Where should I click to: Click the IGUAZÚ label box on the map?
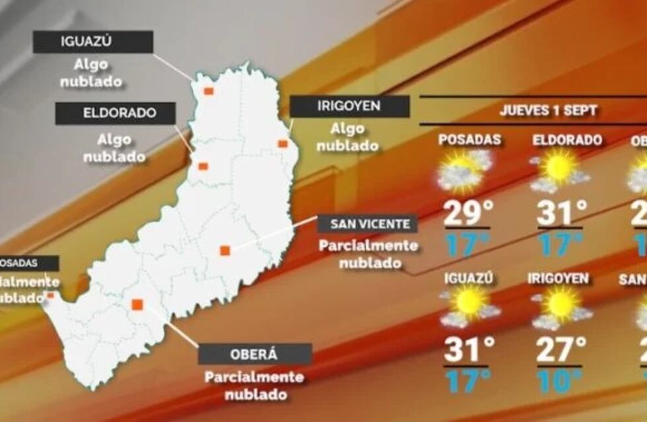(93, 42)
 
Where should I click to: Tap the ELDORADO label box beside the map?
(116, 113)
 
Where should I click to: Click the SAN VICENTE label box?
(367, 224)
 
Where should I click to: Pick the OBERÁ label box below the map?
(255, 354)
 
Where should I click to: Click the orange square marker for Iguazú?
(209, 91)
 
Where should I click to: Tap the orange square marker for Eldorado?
(203, 166)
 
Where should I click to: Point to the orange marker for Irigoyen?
(283, 144)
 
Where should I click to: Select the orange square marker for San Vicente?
(225, 250)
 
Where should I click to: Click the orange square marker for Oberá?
(137, 304)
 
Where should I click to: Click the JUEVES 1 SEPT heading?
(548, 110)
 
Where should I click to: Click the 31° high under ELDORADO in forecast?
(562, 213)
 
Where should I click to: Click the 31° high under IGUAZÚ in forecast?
(469, 349)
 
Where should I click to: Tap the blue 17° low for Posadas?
(467, 244)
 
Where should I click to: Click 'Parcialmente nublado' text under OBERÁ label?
(255, 386)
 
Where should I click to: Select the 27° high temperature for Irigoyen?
(561, 349)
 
